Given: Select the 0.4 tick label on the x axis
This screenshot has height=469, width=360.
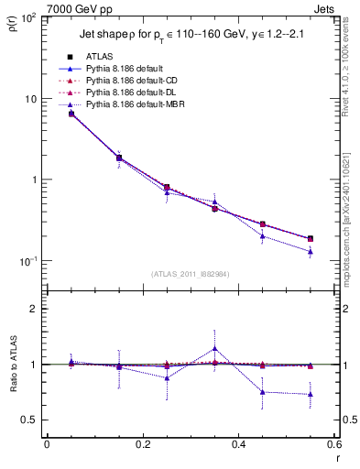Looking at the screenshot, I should [x=238, y=444].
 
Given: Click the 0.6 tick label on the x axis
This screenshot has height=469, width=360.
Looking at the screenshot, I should [x=333, y=444].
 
